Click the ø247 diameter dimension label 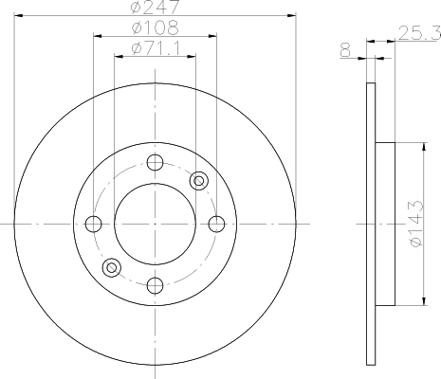(x=155, y=7)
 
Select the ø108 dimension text (x=156, y=27)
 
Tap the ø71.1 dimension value (x=156, y=48)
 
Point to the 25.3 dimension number (x=419, y=33)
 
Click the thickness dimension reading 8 (x=345, y=50)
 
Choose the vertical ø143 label (x=415, y=224)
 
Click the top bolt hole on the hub (x=156, y=163)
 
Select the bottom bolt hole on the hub (x=156, y=285)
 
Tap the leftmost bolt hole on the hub (x=94, y=224)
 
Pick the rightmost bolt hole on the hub (x=216, y=224)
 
